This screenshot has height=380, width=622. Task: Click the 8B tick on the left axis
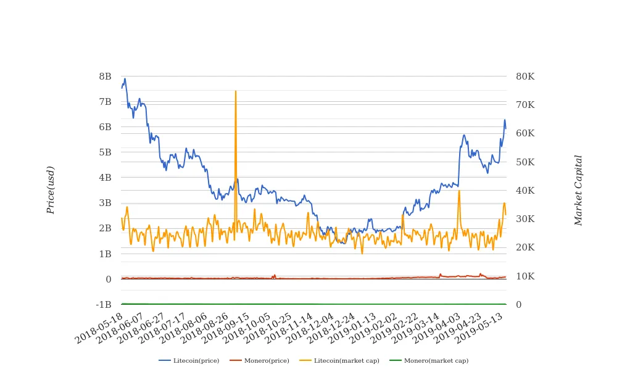[105, 76]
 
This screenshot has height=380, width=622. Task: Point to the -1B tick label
[104, 305]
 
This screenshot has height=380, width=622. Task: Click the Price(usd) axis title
[51, 190]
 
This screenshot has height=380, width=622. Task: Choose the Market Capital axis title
[578, 190]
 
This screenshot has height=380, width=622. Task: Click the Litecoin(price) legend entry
[189, 360]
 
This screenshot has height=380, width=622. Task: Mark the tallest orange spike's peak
[236, 91]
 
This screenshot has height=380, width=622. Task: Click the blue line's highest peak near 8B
[125, 79]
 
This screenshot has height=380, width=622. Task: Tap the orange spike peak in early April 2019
[459, 191]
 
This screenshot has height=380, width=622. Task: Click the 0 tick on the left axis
[108, 279]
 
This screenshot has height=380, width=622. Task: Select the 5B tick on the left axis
[105, 152]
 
